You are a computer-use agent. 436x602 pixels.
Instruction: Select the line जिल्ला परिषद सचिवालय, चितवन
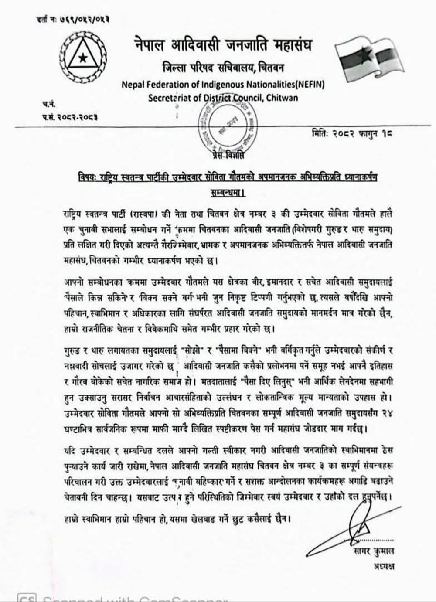coord(223,67)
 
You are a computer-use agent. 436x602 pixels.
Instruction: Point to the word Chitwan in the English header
coord(282,97)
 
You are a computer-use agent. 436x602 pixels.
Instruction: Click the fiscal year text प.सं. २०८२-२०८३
coord(70,117)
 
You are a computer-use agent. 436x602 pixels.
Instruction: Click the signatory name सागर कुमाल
coord(374,551)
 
